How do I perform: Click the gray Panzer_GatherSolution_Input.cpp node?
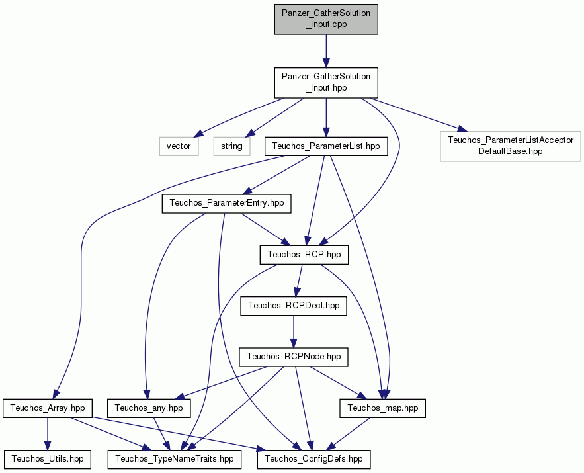(x=326, y=19)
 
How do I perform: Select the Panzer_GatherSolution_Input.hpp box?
(x=326, y=83)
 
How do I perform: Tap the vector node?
(x=179, y=146)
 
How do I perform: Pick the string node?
(x=231, y=146)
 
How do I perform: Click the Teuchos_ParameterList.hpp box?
(x=326, y=146)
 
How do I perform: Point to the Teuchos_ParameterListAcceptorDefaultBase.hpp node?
(x=510, y=146)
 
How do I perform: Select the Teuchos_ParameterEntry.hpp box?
(x=226, y=204)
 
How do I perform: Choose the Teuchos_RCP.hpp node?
(x=304, y=255)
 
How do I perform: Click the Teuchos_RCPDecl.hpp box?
(x=294, y=306)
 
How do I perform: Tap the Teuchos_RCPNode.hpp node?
(x=294, y=357)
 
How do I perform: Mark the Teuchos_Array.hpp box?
(x=48, y=408)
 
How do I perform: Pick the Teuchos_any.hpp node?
(x=149, y=408)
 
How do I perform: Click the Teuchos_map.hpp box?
(x=382, y=408)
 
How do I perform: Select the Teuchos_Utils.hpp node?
(x=48, y=459)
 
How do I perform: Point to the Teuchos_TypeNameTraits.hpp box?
(x=175, y=459)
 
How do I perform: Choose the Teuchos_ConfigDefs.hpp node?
(x=313, y=459)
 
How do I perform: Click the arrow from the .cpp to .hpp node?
(x=326, y=51)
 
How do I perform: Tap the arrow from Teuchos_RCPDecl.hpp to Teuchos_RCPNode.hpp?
(x=294, y=331)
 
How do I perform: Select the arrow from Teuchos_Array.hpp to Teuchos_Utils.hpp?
(x=48, y=433)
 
